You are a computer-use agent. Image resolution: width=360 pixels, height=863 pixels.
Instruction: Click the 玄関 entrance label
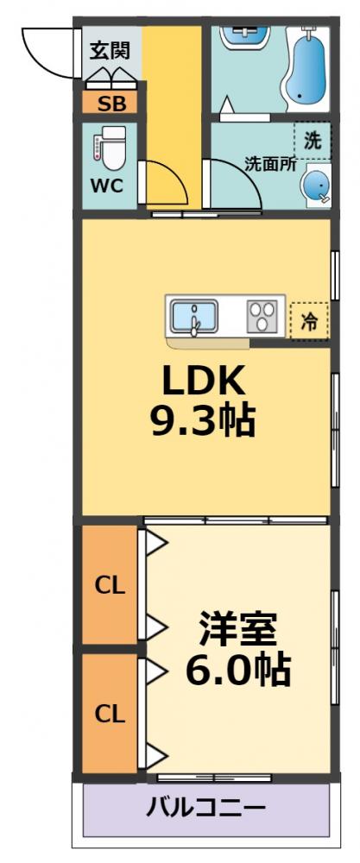[x=110, y=49]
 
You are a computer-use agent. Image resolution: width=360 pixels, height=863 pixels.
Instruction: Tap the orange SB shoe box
[x=110, y=105]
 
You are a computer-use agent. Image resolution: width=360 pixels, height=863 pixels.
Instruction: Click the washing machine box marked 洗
[x=312, y=139]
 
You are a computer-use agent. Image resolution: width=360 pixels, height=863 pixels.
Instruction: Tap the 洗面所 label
[x=270, y=163]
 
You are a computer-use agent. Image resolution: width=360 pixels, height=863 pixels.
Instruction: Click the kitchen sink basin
[x=194, y=318]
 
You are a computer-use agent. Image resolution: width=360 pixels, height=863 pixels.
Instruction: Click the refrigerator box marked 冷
[x=309, y=321]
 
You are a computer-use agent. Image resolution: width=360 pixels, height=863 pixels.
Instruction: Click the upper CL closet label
[x=110, y=585]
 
